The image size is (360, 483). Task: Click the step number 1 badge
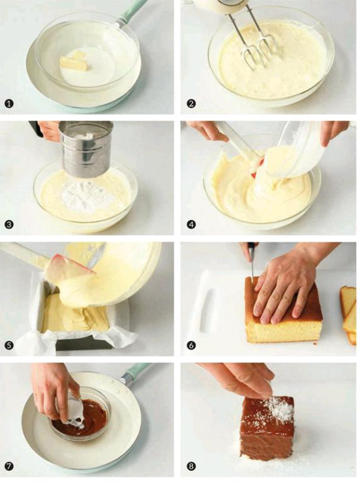click(9, 103)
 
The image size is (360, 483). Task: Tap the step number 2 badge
click(191, 103)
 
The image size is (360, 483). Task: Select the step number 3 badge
click(9, 225)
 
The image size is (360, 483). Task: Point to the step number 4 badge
click(191, 225)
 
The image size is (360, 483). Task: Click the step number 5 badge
click(9, 345)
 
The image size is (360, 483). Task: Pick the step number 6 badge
click(191, 345)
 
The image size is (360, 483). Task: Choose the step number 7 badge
click(9, 467)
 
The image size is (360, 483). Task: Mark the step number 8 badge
click(191, 467)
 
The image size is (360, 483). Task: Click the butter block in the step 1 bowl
click(75, 62)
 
